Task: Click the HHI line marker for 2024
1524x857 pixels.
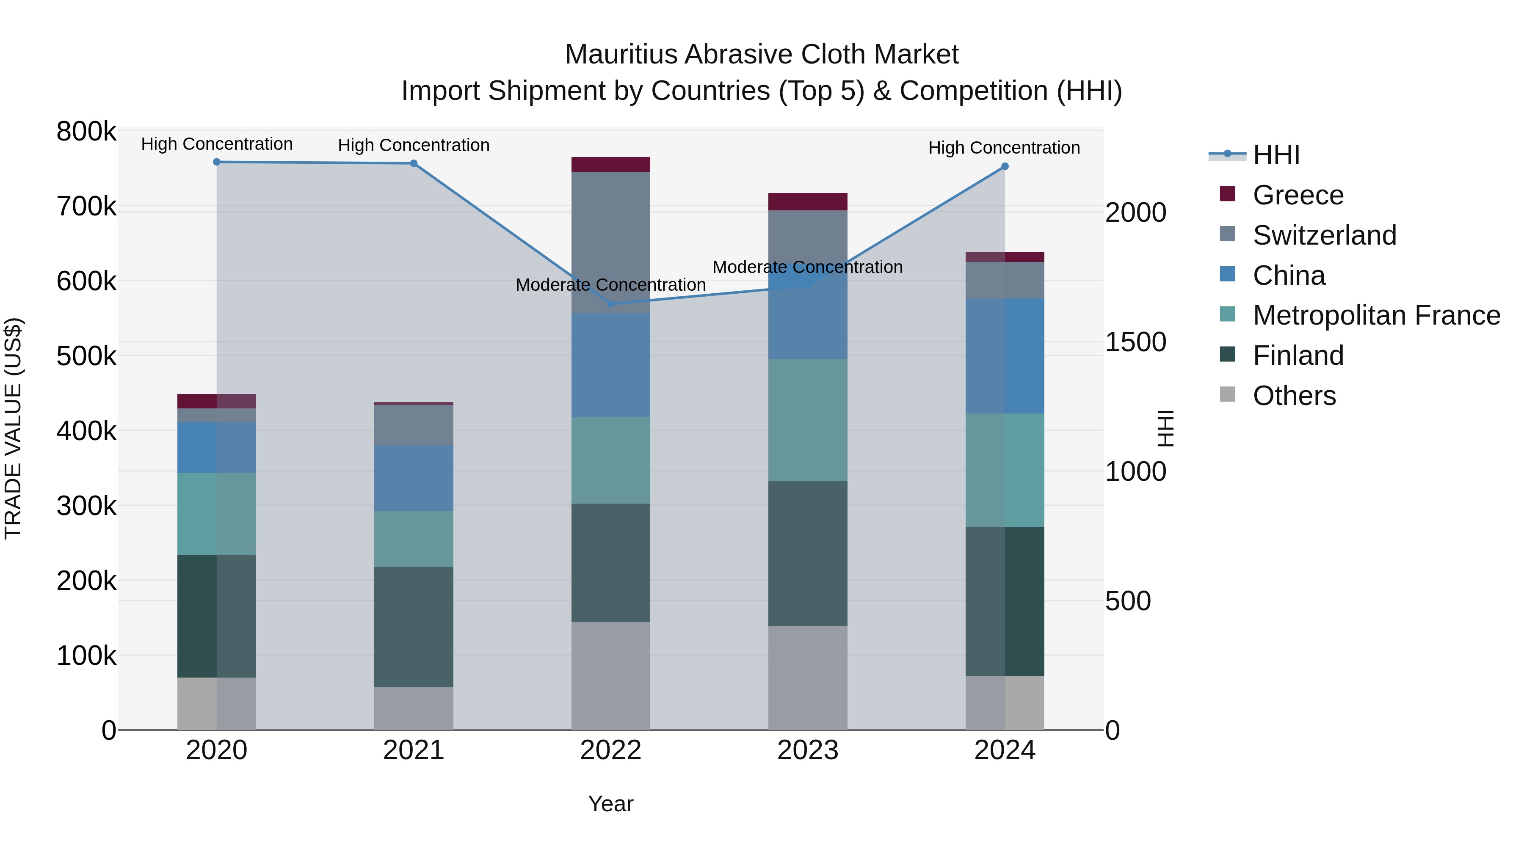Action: pos(1005,167)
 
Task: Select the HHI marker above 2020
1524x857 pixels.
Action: pos(216,162)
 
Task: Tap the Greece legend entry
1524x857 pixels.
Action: pos(1298,195)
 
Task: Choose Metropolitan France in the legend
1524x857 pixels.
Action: pos(1376,315)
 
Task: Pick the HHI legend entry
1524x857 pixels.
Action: pos(1276,155)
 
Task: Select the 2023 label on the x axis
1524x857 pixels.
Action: pos(808,750)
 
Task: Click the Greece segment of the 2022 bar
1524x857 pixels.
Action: pos(610,165)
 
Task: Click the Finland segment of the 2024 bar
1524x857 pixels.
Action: pos(1005,601)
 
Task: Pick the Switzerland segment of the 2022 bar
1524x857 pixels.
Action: pos(610,242)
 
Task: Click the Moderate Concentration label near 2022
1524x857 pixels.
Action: pos(610,285)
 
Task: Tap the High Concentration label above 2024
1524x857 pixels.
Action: pos(1004,148)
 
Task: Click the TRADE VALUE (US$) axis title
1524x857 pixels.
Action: pos(13,428)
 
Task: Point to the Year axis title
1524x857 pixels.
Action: pos(610,804)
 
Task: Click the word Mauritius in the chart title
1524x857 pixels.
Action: pos(621,55)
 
